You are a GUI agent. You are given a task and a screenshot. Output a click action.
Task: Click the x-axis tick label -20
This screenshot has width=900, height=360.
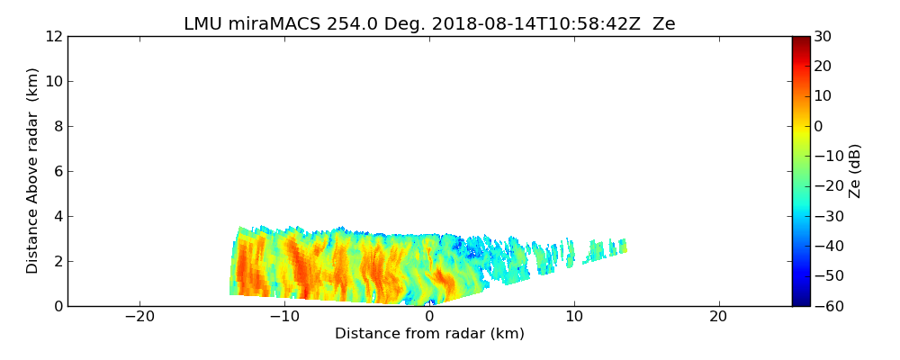tap(139, 317)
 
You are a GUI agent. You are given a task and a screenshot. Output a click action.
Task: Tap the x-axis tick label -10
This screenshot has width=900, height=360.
tap(284, 317)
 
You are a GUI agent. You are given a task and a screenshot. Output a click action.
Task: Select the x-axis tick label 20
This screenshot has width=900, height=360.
tap(718, 317)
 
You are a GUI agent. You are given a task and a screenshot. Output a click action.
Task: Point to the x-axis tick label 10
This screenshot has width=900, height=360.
tap(574, 317)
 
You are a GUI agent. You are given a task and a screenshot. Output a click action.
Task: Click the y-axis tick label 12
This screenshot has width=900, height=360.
tap(52, 37)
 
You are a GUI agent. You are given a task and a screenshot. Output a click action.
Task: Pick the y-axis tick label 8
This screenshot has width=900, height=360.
tap(57, 127)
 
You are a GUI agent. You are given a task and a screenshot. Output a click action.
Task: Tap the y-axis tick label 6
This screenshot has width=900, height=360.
tap(57, 172)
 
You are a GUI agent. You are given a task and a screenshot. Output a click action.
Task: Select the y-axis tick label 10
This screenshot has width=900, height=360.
tap(52, 82)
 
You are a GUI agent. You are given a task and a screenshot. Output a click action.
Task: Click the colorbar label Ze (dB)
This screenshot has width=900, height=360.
tap(855, 171)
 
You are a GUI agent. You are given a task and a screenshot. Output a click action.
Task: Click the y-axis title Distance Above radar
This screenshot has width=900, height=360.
tap(33, 171)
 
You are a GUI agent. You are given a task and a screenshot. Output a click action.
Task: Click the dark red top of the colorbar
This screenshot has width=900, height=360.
tap(800, 40)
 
